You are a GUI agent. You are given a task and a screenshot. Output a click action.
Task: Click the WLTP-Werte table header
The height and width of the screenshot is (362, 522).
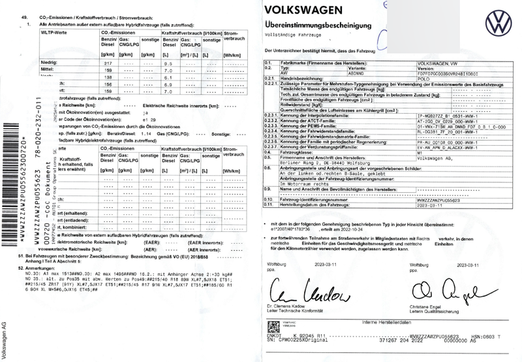pyautogui.click(x=52, y=31)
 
